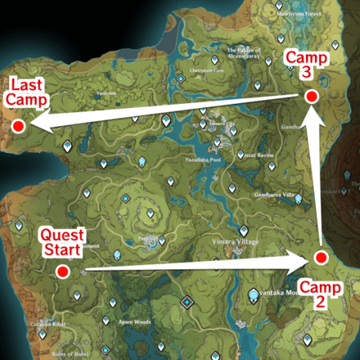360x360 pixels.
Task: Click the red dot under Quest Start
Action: point(61,270)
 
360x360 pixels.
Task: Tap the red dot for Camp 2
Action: point(322,258)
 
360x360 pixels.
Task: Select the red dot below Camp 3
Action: point(311,97)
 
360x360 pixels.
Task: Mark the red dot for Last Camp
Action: point(18,125)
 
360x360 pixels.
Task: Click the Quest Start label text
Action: point(61,241)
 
